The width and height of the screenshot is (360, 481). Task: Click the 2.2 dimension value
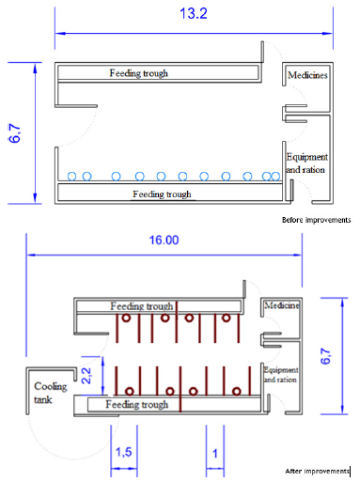coord(85,374)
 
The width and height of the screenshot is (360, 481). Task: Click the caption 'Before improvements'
coord(316,221)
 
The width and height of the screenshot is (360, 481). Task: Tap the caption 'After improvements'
coord(317,470)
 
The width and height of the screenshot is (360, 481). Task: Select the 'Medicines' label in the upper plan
coord(308,75)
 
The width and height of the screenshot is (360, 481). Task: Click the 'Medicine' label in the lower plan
coord(281,306)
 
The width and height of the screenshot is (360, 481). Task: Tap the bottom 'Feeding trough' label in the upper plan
coord(162,194)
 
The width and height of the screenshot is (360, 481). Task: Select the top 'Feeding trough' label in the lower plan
coord(141,306)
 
